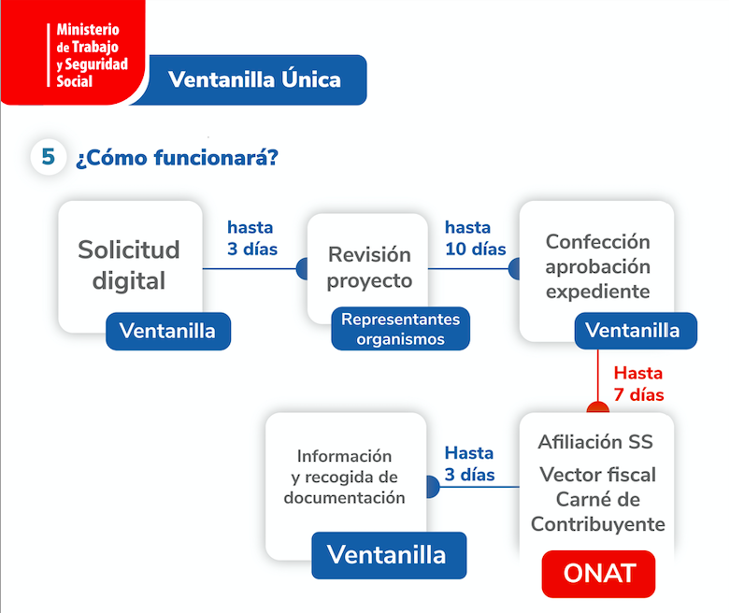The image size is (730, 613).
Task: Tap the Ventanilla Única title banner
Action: (253, 79)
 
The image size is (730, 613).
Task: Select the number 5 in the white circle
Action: (48, 156)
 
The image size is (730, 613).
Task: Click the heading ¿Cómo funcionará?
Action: (177, 157)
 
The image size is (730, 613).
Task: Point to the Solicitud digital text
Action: (128, 264)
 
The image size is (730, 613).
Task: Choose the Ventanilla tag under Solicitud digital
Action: (168, 331)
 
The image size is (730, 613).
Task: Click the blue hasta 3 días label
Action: (251, 238)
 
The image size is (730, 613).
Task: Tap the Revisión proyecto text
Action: (369, 267)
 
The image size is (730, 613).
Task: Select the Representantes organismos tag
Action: (400, 329)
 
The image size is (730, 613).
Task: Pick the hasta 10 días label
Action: (476, 238)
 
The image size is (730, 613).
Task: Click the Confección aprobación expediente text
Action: (598, 266)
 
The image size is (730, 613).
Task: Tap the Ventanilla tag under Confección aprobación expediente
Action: (636, 331)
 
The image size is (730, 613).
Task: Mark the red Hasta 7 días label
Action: (638, 384)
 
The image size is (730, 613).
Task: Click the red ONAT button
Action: (599, 574)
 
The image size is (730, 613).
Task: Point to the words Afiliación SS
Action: (595, 442)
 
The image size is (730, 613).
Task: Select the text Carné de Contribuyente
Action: (598, 511)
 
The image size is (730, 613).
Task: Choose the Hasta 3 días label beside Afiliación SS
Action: (469, 463)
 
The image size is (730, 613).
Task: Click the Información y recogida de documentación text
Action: (345, 477)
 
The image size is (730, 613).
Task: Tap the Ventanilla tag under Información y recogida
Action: (389, 555)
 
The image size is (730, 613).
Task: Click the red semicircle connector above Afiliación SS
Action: (598, 407)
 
